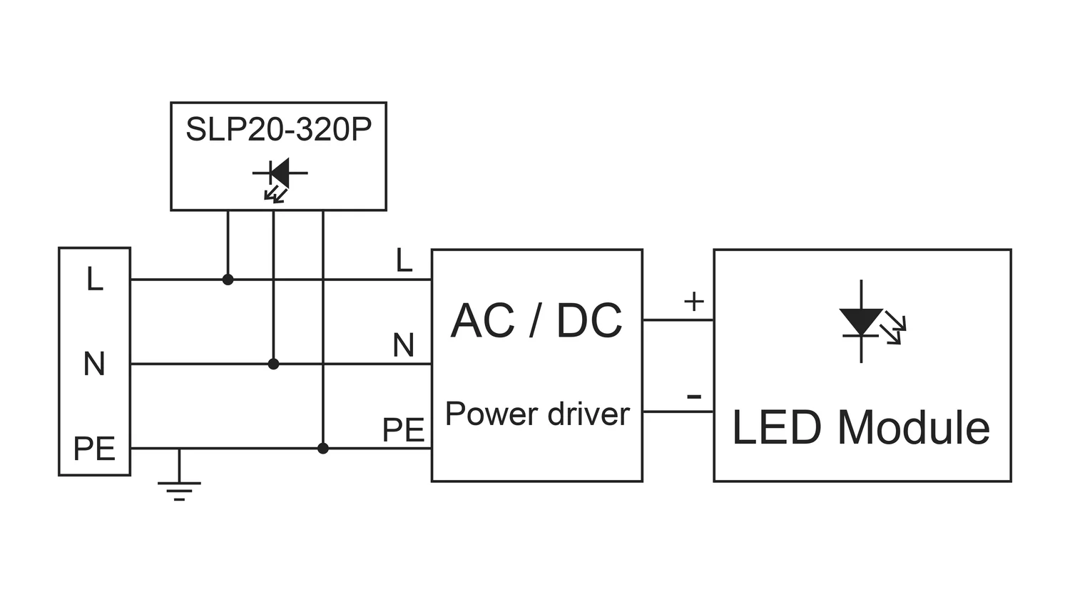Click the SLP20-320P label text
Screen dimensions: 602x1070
278,130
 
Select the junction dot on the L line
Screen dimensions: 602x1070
228,280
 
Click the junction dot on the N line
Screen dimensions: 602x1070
273,364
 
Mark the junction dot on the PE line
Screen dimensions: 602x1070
323,448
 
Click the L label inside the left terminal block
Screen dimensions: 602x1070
94,279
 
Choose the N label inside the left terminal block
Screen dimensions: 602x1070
94,364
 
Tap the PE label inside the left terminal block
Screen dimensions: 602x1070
94,449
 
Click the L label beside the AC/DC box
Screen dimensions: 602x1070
404,261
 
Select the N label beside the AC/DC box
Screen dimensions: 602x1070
403,346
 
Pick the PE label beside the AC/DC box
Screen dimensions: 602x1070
403,430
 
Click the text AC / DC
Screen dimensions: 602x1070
536,320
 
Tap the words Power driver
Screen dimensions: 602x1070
537,414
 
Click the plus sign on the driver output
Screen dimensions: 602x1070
693,301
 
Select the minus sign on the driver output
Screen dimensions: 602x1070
693,397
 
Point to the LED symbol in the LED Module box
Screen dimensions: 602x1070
866,322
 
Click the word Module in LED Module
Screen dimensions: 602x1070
914,428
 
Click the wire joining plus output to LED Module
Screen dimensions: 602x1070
678,320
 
